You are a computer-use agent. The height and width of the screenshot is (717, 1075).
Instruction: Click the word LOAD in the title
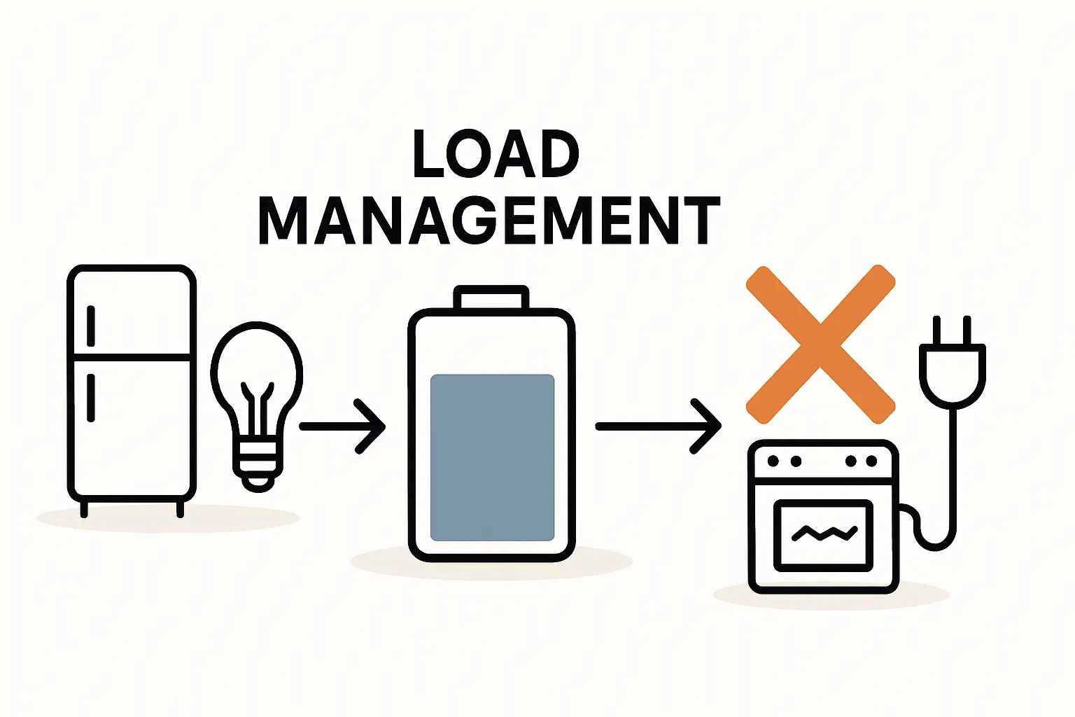[496, 153]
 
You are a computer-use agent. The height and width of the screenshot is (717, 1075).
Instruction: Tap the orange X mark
[820, 344]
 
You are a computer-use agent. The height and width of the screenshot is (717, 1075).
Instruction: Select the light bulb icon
[257, 392]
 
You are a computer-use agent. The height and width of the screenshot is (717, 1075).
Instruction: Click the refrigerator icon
[132, 385]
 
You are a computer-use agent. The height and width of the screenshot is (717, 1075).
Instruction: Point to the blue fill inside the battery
[492, 457]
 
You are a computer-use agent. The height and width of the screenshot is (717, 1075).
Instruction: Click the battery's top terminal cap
[491, 298]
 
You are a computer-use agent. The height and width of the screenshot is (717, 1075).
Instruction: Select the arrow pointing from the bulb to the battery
[343, 426]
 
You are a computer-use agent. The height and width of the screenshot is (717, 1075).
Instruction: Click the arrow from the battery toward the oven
[659, 426]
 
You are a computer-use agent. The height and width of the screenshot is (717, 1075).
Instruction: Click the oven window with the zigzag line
[823, 535]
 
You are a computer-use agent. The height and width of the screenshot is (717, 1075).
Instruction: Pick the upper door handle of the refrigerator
[90, 326]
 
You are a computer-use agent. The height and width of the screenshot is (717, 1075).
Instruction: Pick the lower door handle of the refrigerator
[90, 398]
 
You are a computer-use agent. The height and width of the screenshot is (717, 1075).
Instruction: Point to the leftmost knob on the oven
[773, 461]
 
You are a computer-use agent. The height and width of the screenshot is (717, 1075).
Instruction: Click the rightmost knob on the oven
[871, 461]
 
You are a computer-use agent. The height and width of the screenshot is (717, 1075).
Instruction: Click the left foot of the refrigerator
[84, 509]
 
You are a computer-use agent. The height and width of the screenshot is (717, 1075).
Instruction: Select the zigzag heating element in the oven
[824, 534]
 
